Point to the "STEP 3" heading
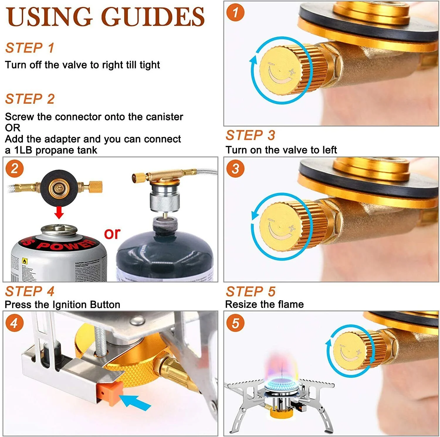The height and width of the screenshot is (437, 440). (250, 135)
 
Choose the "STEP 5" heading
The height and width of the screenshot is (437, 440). (250, 291)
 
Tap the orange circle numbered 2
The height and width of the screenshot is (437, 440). (14, 169)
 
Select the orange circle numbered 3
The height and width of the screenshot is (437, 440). (235, 169)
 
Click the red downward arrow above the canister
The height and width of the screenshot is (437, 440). (59, 212)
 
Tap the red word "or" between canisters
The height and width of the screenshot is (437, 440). (112, 233)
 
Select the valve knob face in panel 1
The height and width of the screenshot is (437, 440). (280, 70)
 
